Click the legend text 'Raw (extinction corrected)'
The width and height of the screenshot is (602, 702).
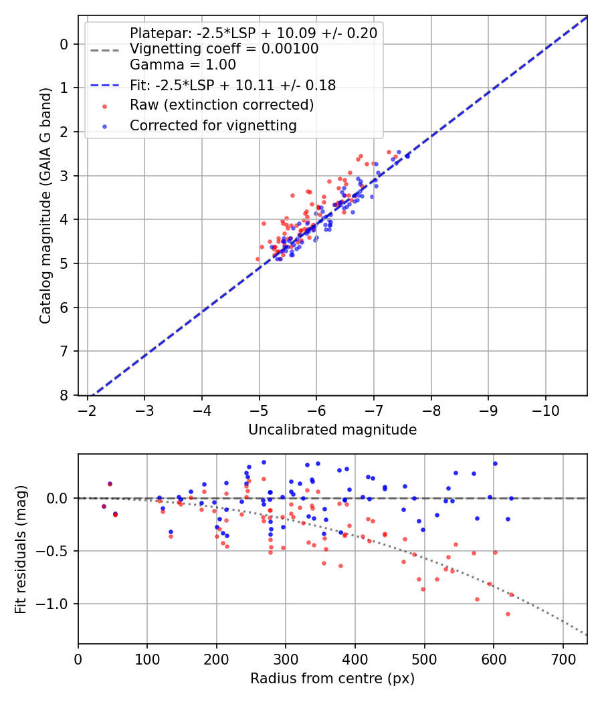tap(221, 105)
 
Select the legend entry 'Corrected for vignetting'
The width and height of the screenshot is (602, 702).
tap(213, 125)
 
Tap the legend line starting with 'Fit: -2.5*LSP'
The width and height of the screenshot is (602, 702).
tap(232, 85)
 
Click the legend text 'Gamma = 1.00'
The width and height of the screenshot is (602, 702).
tap(183, 65)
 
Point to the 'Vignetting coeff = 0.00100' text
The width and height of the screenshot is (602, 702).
tap(224, 49)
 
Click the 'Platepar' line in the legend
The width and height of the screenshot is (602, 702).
tap(253, 33)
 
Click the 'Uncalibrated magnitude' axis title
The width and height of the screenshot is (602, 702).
tap(332, 430)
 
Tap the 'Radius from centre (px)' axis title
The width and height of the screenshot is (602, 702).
tap(332, 679)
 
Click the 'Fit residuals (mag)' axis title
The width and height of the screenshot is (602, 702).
tap(21, 550)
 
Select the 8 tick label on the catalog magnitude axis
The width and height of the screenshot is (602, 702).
tap(64, 395)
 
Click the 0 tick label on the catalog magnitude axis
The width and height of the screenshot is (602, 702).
tap(64, 44)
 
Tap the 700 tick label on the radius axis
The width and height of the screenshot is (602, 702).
tap(563, 659)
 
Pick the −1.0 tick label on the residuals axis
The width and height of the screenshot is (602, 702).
tap(56, 604)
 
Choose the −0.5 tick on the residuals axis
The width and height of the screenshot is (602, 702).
tap(56, 551)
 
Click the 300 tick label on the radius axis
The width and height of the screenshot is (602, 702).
tap(286, 659)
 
